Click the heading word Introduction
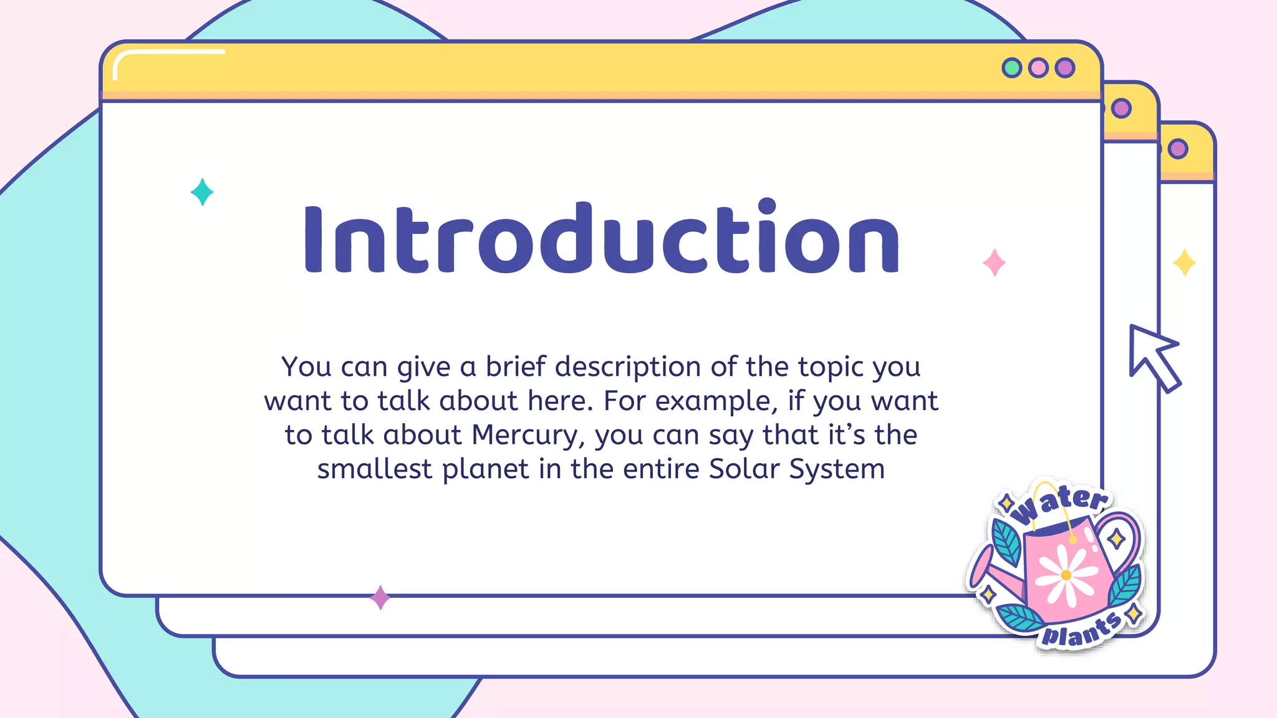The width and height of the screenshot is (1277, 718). (602, 239)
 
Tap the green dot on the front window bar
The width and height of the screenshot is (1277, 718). (1011, 67)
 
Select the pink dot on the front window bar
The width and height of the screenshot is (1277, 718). (1038, 67)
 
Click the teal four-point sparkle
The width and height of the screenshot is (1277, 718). (202, 192)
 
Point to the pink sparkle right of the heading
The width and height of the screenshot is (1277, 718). (994, 262)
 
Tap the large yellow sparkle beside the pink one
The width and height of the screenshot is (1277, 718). (1183, 262)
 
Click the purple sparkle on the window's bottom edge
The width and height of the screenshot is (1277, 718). (380, 598)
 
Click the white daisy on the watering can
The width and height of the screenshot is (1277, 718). (1066, 575)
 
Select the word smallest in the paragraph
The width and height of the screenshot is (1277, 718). (374, 469)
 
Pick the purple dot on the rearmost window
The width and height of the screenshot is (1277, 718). (1177, 149)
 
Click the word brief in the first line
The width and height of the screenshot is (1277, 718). (516, 366)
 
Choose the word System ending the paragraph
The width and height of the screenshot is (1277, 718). (837, 469)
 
